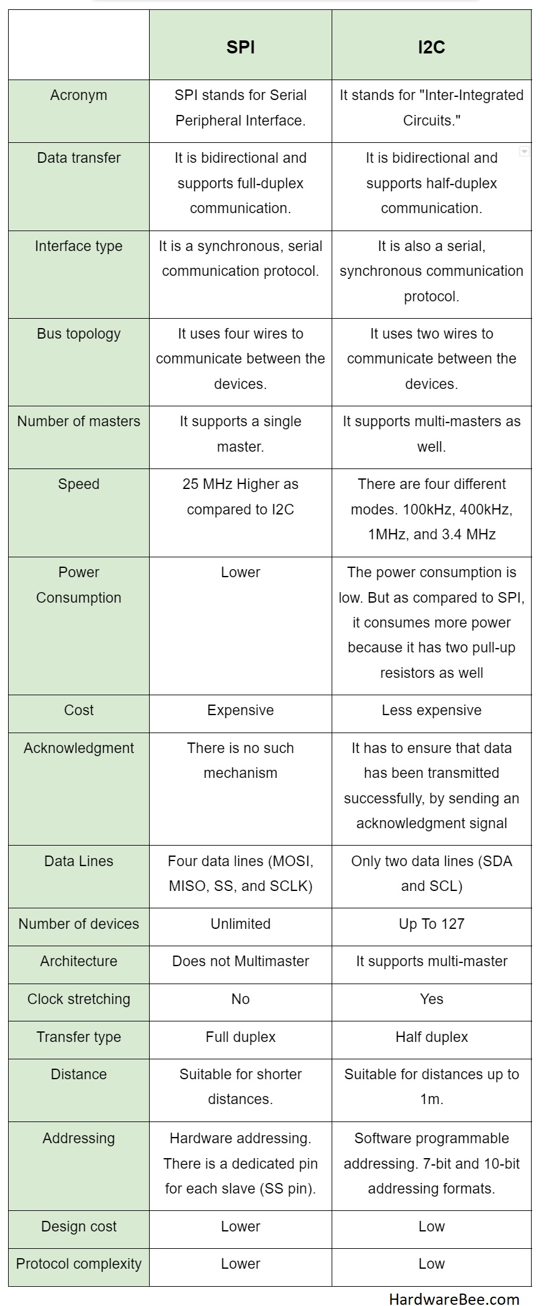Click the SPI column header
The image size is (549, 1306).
240,47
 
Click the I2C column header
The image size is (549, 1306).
431,47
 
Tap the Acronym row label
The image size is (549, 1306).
79,95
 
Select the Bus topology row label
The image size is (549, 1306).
79,334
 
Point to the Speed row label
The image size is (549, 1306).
79,484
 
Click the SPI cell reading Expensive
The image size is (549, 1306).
240,710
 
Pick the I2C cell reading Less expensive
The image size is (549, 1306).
431,710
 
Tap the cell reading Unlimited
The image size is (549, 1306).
240,924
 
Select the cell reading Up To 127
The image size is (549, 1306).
431,924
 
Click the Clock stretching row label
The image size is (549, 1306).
79,999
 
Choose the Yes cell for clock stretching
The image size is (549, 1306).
431,999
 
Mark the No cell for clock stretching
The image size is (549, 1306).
240,999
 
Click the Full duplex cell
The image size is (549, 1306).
240,1037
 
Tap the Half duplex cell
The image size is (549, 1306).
431,1037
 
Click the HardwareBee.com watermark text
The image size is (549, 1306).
454,1294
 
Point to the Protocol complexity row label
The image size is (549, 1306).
79,1264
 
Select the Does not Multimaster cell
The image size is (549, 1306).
240,961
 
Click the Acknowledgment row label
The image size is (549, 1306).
79,748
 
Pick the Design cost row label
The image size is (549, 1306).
79,1226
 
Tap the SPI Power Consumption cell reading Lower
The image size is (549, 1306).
240,572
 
